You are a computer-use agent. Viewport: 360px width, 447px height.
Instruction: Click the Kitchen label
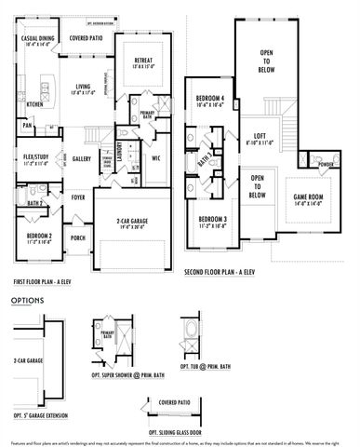point(34,104)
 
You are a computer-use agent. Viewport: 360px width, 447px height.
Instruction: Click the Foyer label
point(79,196)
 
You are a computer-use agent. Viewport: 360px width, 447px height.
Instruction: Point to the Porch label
point(78,237)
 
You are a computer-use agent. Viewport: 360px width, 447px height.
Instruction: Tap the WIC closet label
point(156,158)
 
